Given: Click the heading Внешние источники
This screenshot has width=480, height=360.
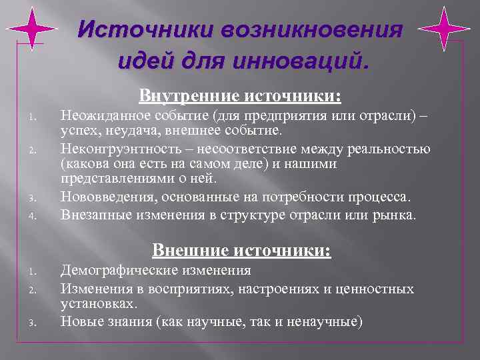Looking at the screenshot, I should click(241, 251).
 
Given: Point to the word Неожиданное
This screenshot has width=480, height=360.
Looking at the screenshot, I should click(103, 117).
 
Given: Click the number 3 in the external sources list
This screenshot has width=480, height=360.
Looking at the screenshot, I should click(31, 323).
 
